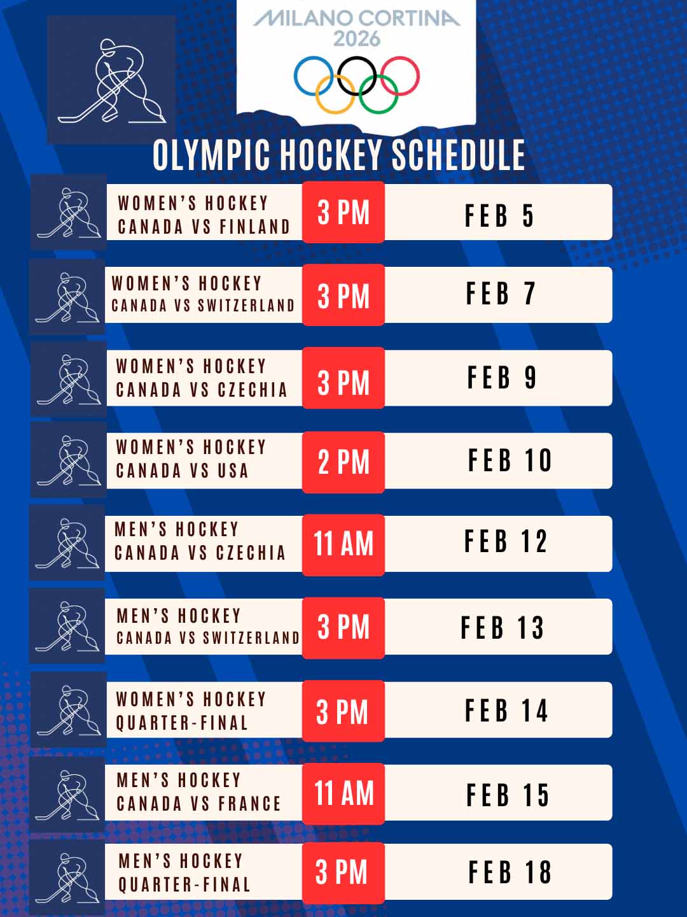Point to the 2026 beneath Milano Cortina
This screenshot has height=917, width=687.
[x=357, y=39]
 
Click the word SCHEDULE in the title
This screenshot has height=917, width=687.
[x=458, y=155]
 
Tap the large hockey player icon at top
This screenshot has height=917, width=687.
[x=111, y=80]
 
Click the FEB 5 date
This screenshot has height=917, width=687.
[x=499, y=215]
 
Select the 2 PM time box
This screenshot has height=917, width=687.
[x=343, y=462]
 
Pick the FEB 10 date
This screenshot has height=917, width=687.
[x=510, y=460]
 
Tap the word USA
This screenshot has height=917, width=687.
[x=233, y=471]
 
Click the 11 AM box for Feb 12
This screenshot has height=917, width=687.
[x=343, y=544]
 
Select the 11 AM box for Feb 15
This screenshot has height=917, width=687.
[x=343, y=794]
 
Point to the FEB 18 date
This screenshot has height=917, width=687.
[x=510, y=872]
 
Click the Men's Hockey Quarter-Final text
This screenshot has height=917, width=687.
[x=184, y=872]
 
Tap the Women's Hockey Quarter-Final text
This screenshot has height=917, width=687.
[x=190, y=711]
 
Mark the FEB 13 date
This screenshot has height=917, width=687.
[x=502, y=628]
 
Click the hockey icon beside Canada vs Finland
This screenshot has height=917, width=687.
[x=69, y=212]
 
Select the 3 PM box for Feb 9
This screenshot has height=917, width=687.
[x=343, y=382]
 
